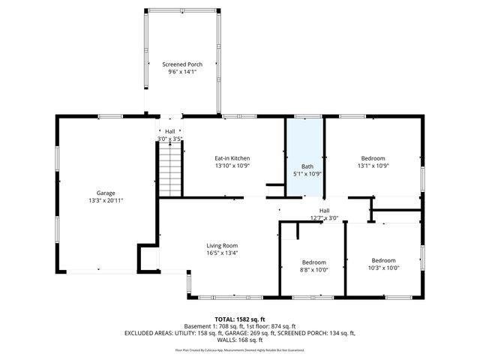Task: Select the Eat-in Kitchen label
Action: [x=232, y=158]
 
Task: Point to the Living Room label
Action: [x=222, y=245]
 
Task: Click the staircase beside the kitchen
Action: [x=169, y=169]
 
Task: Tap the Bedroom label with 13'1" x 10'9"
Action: [x=373, y=158]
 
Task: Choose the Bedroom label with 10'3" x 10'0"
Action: [x=383, y=261]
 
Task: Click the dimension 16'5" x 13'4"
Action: [x=222, y=253]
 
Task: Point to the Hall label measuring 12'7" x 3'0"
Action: [x=324, y=210]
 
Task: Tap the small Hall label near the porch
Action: [x=170, y=131]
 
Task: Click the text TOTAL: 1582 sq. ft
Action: [x=239, y=319]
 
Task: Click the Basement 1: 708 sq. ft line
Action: [x=239, y=325]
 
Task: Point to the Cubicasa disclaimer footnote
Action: [x=239, y=349]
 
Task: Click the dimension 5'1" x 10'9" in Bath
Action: [x=307, y=174]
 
